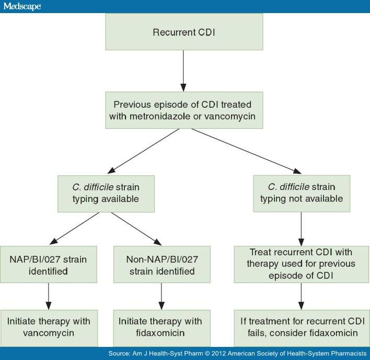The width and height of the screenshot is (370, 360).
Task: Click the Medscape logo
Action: (x=22, y=6)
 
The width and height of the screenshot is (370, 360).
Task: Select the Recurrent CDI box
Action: (x=184, y=31)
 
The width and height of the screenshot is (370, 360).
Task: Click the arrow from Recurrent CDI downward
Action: (x=183, y=71)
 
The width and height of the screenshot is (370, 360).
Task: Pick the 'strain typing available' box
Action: (x=106, y=194)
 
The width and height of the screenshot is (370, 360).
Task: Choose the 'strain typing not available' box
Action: (x=302, y=194)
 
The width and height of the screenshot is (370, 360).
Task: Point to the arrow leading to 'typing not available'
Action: (x=246, y=151)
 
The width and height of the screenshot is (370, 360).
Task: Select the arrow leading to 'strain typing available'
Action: (x=144, y=151)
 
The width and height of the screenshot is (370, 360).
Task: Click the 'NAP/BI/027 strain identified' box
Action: (x=49, y=265)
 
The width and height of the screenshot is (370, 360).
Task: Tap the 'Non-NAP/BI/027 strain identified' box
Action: (x=162, y=265)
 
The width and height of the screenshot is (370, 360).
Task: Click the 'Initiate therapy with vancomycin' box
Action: (x=49, y=328)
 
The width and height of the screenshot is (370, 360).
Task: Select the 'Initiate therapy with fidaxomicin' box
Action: (x=161, y=328)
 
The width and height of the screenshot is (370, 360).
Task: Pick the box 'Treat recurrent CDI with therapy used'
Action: (x=302, y=264)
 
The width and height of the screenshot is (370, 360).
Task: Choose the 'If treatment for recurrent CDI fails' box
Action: (x=302, y=328)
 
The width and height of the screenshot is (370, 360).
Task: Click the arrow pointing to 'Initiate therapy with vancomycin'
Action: (x=49, y=297)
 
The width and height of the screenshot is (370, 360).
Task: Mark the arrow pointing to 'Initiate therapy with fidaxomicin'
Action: (x=161, y=297)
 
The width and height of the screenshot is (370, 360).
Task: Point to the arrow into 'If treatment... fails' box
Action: (x=301, y=297)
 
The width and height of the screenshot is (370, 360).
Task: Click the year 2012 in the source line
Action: (x=218, y=353)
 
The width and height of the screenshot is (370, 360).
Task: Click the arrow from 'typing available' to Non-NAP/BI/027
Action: (x=136, y=229)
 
